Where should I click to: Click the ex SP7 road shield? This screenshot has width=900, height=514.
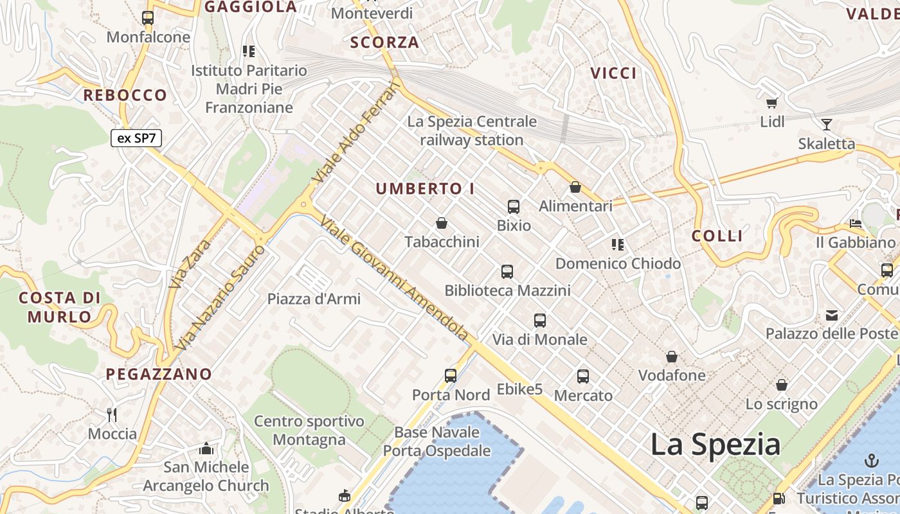click(x=137, y=137)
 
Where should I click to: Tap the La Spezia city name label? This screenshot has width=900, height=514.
click(x=715, y=445)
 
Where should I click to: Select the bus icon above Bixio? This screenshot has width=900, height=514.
click(x=514, y=206)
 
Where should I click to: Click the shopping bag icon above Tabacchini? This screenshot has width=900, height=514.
click(x=442, y=223)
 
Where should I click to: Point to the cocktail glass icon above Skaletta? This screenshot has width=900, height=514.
click(x=827, y=125)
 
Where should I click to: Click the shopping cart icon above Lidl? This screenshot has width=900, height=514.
click(x=772, y=103)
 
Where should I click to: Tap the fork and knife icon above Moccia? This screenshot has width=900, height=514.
click(x=113, y=414)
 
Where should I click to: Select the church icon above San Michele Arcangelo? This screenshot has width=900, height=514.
click(x=206, y=448)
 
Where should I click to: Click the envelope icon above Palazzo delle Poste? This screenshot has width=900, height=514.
click(x=832, y=315)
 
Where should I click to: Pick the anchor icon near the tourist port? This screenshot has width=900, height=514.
click(x=872, y=460)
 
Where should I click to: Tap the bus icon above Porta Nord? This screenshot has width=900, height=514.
click(x=451, y=375)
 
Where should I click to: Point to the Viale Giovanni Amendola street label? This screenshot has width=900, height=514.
click(x=394, y=278)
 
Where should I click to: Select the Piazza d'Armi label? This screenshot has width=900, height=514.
click(x=314, y=299)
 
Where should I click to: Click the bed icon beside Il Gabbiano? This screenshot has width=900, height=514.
click(x=856, y=224)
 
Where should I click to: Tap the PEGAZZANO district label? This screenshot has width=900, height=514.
click(x=159, y=374)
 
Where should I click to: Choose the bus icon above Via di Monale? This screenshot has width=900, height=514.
click(x=540, y=320)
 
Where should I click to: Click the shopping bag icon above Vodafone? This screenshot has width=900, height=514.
click(x=672, y=356)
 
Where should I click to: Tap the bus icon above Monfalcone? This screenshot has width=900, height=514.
click(x=148, y=18)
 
